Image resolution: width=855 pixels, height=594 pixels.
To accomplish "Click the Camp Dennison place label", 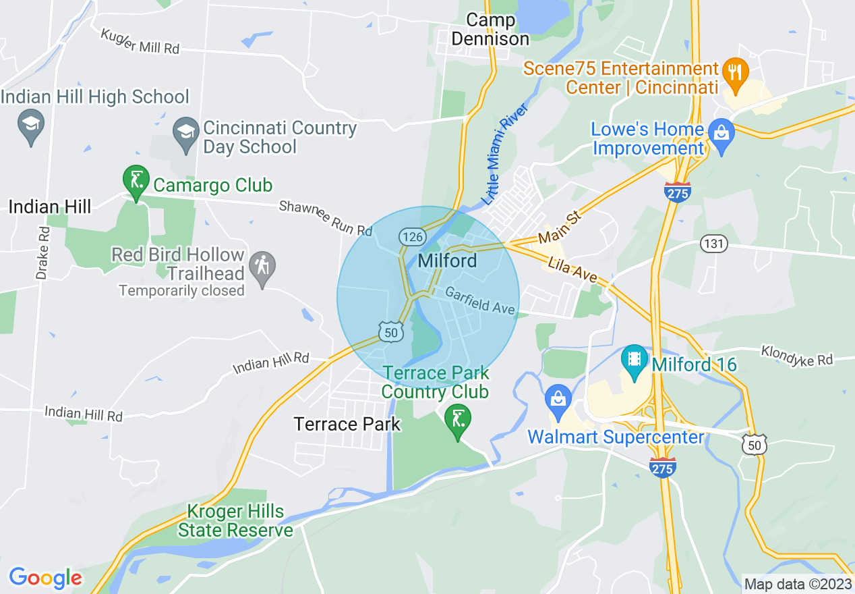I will [490, 30].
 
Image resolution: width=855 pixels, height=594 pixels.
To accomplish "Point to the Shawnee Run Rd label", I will [326, 218].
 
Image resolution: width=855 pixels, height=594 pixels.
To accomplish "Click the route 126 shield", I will [411, 236].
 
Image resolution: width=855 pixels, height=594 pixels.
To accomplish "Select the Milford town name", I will [448, 261].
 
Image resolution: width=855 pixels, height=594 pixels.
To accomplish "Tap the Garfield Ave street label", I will [480, 301].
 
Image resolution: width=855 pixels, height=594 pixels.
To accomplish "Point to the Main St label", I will [559, 228].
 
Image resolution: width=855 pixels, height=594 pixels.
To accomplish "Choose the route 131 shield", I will [713, 244].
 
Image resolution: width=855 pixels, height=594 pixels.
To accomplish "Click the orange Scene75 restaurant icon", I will [732, 71].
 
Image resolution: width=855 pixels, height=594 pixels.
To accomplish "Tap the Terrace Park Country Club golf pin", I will [458, 421].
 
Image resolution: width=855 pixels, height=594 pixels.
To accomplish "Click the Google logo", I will [45, 578].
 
